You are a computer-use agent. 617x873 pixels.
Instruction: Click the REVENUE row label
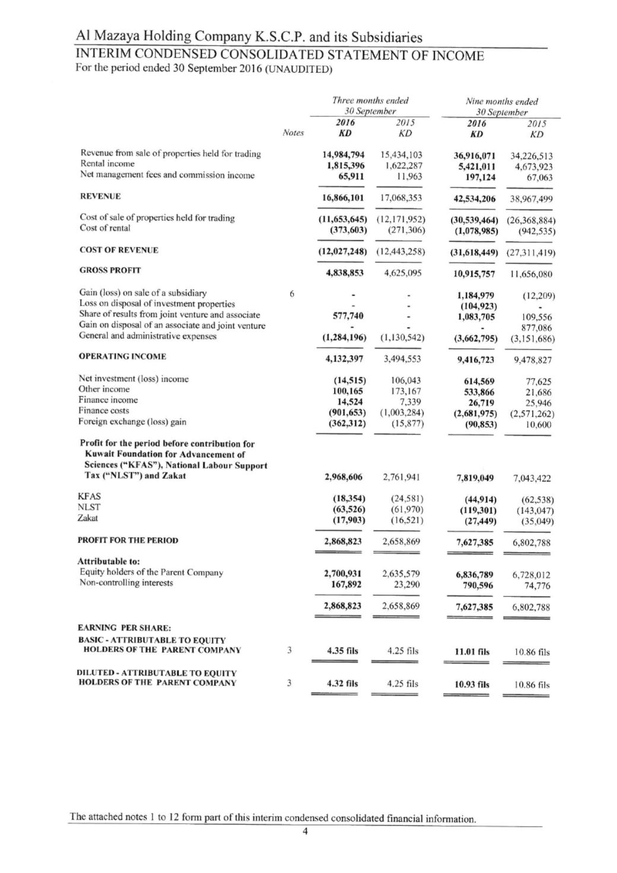pyautogui.click(x=100, y=196)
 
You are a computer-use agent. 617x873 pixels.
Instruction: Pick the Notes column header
pyautogui.click(x=293, y=133)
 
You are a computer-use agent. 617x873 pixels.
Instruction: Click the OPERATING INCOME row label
pyautogui.click(x=122, y=356)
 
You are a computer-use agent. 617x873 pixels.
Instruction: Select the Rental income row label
pyautogui.click(x=107, y=164)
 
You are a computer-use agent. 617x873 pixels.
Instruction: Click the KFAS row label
pyautogui.click(x=89, y=496)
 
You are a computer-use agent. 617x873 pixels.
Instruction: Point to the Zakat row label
pyautogui.click(x=88, y=518)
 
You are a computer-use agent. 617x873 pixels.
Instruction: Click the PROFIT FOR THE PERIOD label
pyautogui.click(x=128, y=540)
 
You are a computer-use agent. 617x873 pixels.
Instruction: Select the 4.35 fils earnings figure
pyautogui.click(x=343, y=650)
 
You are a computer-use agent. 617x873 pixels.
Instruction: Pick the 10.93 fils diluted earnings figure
pyautogui.click(x=472, y=684)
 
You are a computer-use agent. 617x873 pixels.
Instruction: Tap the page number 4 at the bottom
pyautogui.click(x=305, y=831)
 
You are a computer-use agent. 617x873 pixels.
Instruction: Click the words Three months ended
pyautogui.click(x=370, y=101)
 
